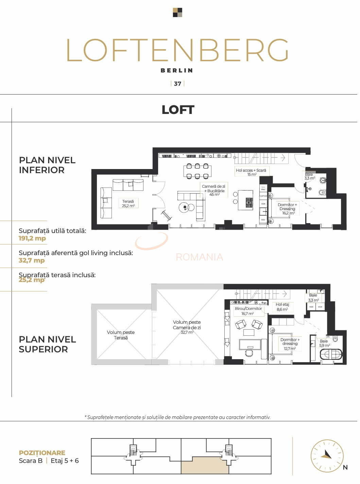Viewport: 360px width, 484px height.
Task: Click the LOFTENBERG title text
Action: [177, 50]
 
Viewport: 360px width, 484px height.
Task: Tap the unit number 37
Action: [177, 84]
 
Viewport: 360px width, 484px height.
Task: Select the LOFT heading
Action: [178, 110]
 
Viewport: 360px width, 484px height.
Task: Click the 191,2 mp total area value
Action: [32, 238]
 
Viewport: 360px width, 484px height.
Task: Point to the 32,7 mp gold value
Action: [32, 261]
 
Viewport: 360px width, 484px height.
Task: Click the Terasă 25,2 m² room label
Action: [128, 204]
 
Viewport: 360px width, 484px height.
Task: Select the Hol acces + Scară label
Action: [251, 172]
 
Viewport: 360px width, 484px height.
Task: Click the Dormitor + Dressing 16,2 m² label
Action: [287, 209]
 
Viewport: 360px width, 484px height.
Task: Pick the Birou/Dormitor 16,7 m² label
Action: [248, 311]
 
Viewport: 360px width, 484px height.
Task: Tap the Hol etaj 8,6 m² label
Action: [282, 307]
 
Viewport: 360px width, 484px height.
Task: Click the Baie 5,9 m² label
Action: [324, 343]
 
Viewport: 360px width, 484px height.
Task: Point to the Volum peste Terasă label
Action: [121, 335]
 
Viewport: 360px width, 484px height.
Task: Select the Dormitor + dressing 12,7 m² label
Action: [290, 344]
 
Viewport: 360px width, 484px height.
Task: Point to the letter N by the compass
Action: [345, 467]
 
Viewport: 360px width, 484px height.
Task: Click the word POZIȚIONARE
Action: [42, 453]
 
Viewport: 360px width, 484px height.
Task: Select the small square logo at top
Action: [177, 13]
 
